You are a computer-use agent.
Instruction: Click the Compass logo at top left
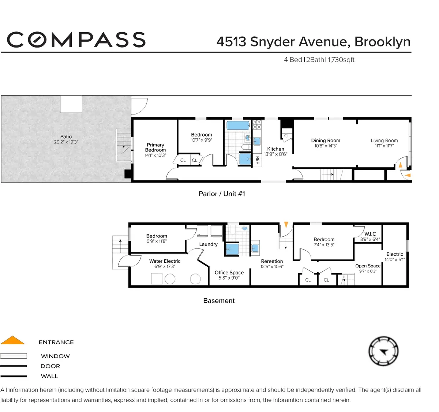click(x=76, y=40)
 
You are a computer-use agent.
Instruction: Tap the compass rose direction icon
click(x=383, y=351)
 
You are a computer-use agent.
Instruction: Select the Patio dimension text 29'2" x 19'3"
click(x=66, y=142)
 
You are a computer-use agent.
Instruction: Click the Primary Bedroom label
click(x=155, y=147)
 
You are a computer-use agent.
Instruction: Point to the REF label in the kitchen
click(x=257, y=160)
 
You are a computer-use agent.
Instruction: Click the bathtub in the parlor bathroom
click(x=238, y=126)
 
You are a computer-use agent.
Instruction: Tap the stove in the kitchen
click(x=257, y=125)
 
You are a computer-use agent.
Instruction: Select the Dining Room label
click(x=326, y=141)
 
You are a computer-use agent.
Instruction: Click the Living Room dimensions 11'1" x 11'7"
click(x=384, y=146)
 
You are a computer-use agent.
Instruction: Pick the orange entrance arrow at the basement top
click(x=286, y=225)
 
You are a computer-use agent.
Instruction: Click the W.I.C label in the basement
click(x=370, y=234)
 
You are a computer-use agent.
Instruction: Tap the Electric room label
click(x=395, y=254)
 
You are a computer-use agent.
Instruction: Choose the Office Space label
click(x=229, y=273)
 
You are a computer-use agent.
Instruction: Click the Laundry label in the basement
click(x=208, y=244)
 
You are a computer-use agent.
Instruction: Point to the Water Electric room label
click(x=165, y=261)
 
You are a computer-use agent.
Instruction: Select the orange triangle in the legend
click(x=12, y=341)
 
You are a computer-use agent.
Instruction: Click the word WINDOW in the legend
click(x=55, y=356)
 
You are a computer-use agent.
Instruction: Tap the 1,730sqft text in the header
click(x=341, y=60)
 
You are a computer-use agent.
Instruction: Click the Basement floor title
click(x=219, y=301)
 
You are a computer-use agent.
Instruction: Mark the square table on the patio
click(x=71, y=104)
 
